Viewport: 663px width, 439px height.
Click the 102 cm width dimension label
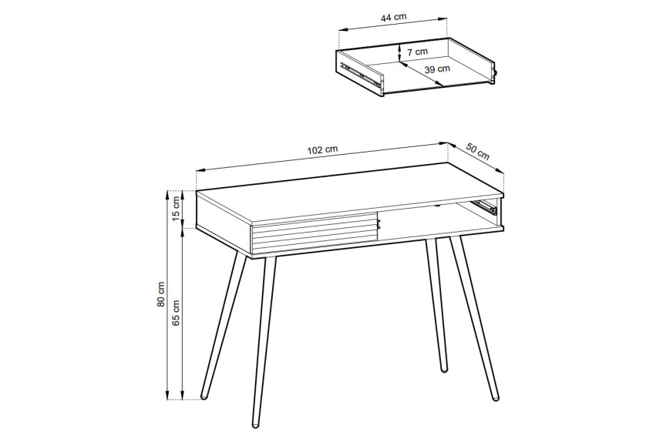(x=322, y=150)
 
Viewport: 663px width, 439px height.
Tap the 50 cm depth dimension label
(x=478, y=151)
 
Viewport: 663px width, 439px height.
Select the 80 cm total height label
(x=160, y=294)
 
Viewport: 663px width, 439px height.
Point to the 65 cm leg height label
(x=177, y=312)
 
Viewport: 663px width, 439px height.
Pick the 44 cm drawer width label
(x=394, y=17)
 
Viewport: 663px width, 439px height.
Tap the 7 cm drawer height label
(x=417, y=52)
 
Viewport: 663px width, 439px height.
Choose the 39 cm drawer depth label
(x=437, y=69)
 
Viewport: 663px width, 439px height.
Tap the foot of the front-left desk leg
(x=256, y=424)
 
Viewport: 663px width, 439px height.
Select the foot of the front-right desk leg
(x=495, y=396)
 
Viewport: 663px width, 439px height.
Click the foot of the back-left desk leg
(x=204, y=396)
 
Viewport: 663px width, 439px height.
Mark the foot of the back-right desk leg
(x=443, y=368)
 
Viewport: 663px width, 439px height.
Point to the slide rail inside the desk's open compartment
(x=485, y=206)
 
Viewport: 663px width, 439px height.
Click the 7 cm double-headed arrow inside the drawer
(x=399, y=52)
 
